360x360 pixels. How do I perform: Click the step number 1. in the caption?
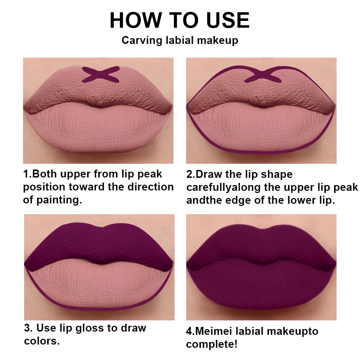point(28,174)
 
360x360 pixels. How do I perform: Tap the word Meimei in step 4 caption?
point(215,331)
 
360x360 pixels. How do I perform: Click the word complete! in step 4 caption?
point(212,344)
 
